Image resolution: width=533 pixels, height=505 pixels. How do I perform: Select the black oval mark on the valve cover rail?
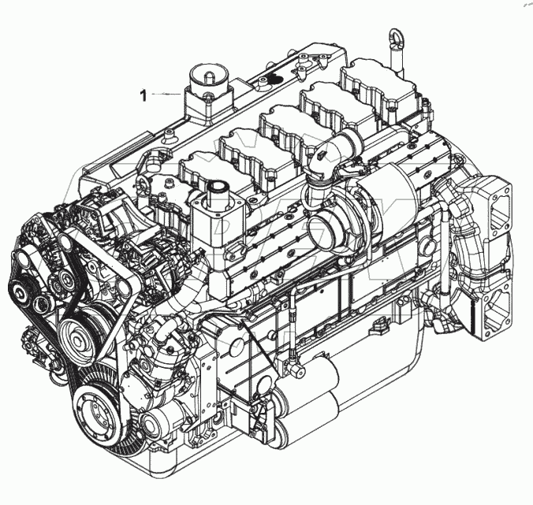click(x=273, y=79)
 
